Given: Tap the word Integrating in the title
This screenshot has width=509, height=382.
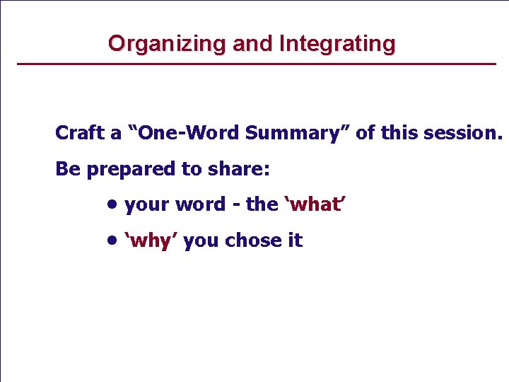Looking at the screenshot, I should tap(337, 44).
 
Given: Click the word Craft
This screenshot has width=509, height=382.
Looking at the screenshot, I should tap(78, 133).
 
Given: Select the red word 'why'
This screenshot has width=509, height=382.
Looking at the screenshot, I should tap(151, 241).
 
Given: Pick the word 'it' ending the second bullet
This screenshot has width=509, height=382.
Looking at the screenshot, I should tap(294, 241).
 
